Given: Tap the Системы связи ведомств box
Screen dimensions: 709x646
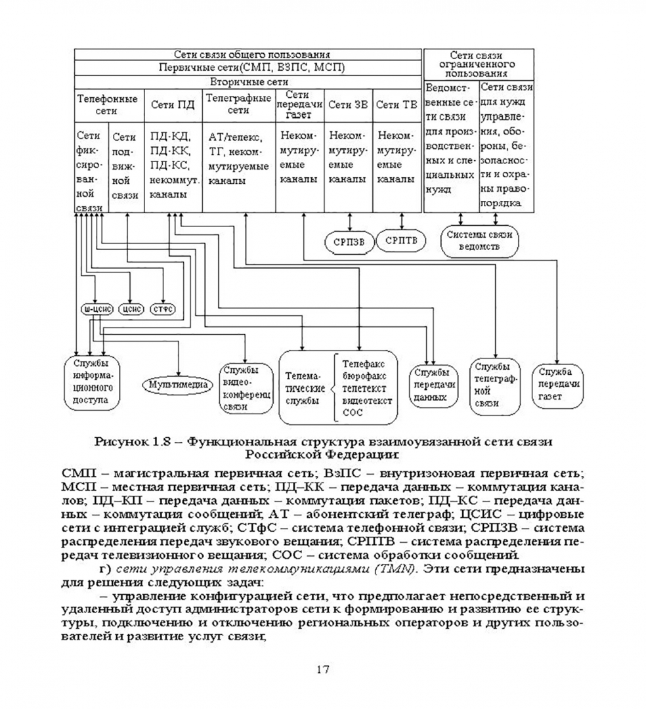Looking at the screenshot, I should point(479,241).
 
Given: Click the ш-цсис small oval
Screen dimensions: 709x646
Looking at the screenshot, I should point(97,308).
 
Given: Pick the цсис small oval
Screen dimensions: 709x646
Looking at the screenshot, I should point(131,308).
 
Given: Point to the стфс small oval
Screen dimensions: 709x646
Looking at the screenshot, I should point(161,308).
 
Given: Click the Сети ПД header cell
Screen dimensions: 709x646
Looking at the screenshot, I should point(173,104).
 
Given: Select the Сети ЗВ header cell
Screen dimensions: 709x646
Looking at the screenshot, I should point(348,104).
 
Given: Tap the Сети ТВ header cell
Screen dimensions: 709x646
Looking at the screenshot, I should point(397,104).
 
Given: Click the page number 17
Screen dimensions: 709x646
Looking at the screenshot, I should point(322,669).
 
